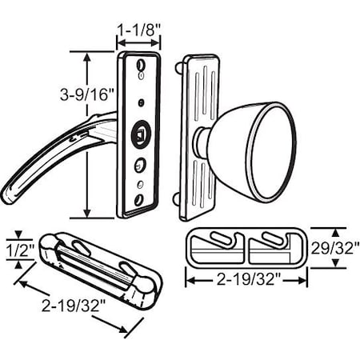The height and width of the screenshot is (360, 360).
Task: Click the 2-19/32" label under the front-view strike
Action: (x=246, y=302)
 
